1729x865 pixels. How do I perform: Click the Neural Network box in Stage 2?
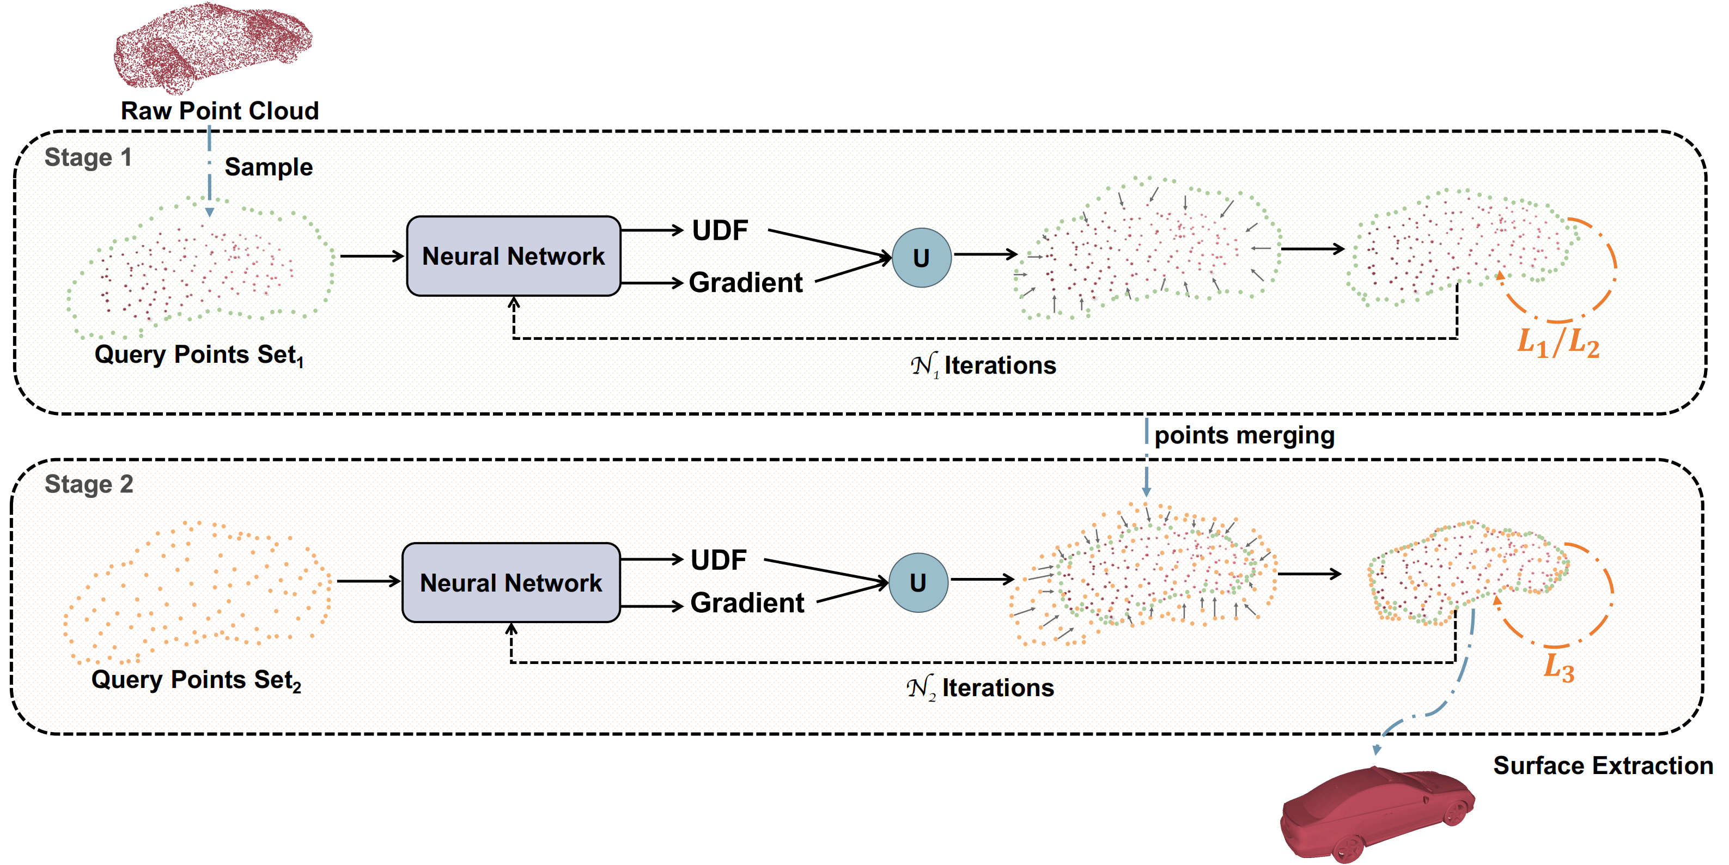511,582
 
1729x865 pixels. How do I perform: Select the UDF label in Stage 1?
720,230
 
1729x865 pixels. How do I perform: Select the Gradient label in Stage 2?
746,602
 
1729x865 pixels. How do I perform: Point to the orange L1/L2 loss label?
1558,343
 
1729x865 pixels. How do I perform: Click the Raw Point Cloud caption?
220,111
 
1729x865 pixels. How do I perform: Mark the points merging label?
1244,436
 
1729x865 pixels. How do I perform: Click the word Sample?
269,167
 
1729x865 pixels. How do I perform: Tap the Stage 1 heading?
88,158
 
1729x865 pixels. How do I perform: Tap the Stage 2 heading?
89,484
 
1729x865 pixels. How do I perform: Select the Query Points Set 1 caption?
199,355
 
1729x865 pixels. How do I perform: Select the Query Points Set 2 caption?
196,680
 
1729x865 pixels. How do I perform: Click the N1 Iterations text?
983,366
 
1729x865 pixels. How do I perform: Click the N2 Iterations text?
980,688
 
